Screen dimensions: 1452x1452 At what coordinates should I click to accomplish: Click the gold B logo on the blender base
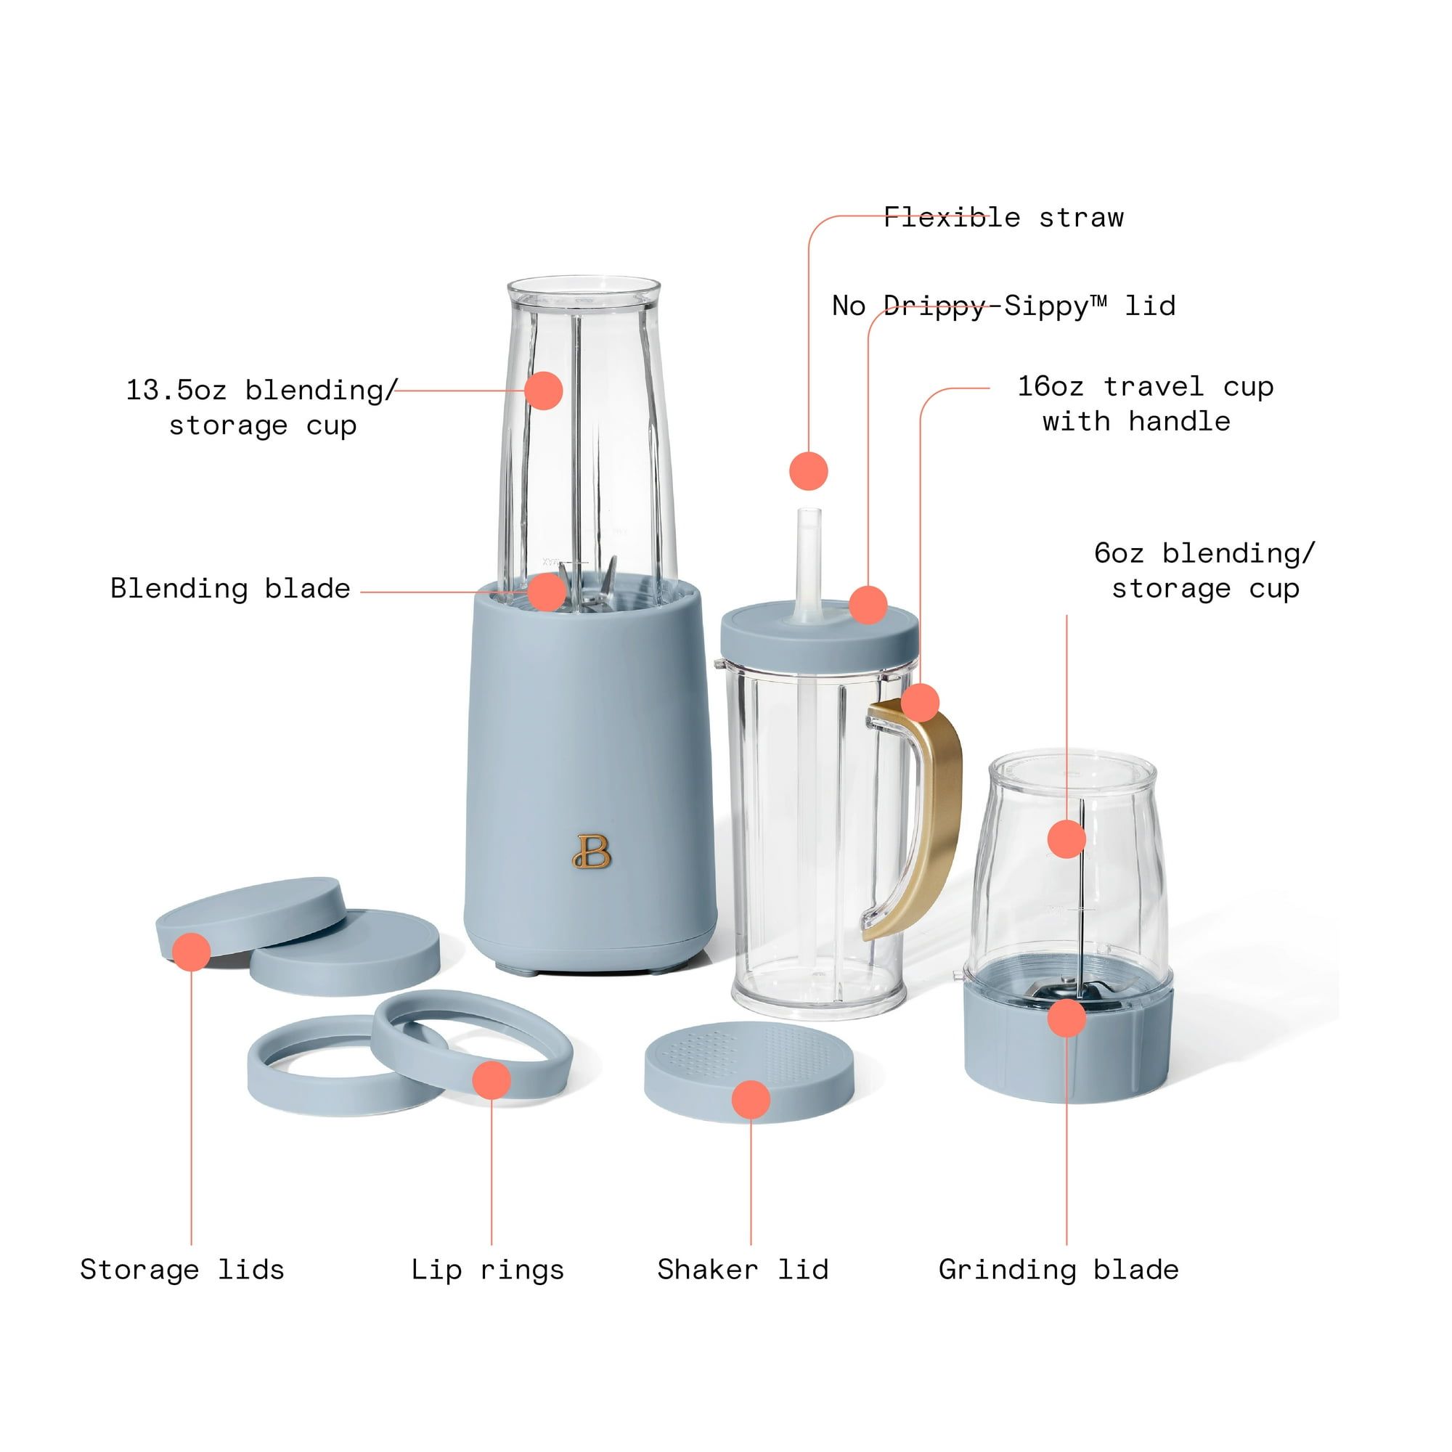pos(592,851)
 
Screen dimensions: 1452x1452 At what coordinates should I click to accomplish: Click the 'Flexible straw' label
pos(1003,218)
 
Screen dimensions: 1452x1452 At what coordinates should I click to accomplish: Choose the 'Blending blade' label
pos(230,588)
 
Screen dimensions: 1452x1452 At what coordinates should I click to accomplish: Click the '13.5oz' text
pos(176,390)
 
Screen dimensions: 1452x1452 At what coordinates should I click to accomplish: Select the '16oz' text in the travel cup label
pos(1051,386)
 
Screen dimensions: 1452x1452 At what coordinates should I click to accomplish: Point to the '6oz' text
pos(1119,553)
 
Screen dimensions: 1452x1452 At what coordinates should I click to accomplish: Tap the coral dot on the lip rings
pos(492,1080)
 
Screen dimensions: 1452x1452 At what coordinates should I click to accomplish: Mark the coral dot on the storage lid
pos(191,953)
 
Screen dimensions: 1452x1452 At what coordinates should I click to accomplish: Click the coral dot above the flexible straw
pos(809,471)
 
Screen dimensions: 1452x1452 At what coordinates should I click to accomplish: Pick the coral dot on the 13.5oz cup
pos(543,390)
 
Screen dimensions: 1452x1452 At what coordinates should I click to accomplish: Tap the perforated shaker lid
pos(749,1072)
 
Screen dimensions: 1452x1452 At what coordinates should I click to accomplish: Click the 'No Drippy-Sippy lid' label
pos(1003,306)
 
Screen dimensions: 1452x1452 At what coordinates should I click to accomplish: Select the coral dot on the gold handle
pos(920,703)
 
